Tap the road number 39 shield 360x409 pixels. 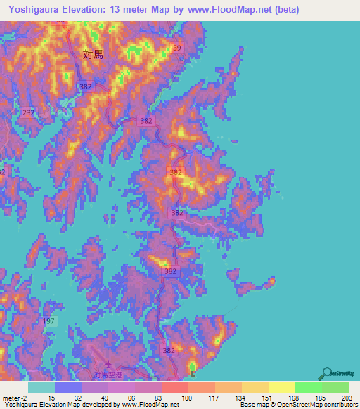(x=176, y=48)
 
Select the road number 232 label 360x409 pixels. (x=28, y=112)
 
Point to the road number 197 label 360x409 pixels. (x=49, y=320)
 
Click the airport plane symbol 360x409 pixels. (x=107, y=365)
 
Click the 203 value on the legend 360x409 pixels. (x=345, y=398)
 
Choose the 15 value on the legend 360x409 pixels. (x=52, y=398)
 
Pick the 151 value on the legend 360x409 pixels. (x=265, y=398)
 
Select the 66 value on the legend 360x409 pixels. (x=131, y=398)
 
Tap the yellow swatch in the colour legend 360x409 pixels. (x=281, y=387)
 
